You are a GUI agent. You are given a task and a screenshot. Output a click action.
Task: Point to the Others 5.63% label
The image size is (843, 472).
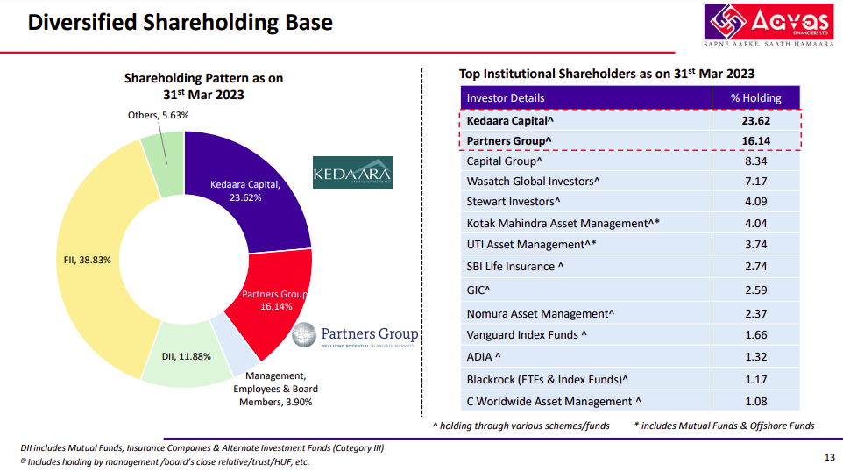[x=159, y=115]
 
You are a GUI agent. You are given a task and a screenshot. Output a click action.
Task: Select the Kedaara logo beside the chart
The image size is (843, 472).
[x=352, y=173]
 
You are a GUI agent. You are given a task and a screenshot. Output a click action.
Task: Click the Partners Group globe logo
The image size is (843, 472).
[x=304, y=334]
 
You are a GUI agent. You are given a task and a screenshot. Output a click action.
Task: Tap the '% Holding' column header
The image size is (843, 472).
[x=755, y=97]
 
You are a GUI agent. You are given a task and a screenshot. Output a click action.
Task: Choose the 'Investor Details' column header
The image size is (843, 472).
[x=506, y=97]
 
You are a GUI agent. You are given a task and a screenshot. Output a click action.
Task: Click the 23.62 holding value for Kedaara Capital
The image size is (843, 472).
[x=755, y=121]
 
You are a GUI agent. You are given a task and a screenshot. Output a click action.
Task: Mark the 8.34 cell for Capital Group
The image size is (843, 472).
[x=755, y=161]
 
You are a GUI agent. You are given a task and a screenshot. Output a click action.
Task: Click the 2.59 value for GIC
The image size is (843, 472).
[x=755, y=290]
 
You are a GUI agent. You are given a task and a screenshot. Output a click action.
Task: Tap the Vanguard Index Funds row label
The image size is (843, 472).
[x=527, y=334]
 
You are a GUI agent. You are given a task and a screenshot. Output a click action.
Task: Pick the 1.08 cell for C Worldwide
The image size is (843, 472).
[x=755, y=401]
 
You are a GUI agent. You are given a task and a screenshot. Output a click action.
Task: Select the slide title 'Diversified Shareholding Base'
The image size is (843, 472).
[x=181, y=22]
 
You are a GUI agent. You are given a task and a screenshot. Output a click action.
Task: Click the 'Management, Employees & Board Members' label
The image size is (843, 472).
[x=275, y=389]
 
